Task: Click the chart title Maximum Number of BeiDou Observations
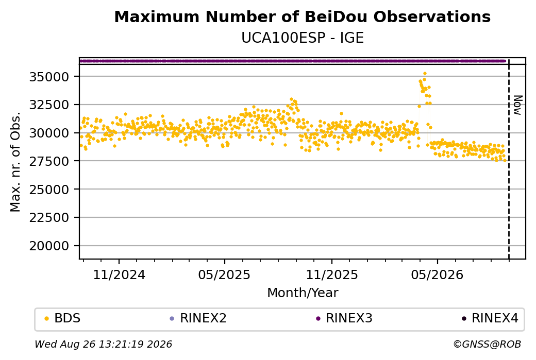302,16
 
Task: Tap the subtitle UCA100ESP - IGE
302,38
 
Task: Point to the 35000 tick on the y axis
49,77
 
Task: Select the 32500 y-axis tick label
49,105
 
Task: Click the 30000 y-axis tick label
49,133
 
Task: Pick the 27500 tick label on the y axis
49,161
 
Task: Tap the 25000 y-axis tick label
49,189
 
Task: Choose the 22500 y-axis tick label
49,217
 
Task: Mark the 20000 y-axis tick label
49,246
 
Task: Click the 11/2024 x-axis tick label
119,275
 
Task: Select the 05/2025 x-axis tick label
224,275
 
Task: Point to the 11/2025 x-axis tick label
331,275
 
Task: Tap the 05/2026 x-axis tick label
437,275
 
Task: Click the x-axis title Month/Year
303,293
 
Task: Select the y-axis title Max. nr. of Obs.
15,162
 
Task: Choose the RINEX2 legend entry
198,318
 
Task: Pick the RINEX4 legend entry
490,318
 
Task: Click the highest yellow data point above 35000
425,74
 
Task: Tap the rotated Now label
518,105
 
